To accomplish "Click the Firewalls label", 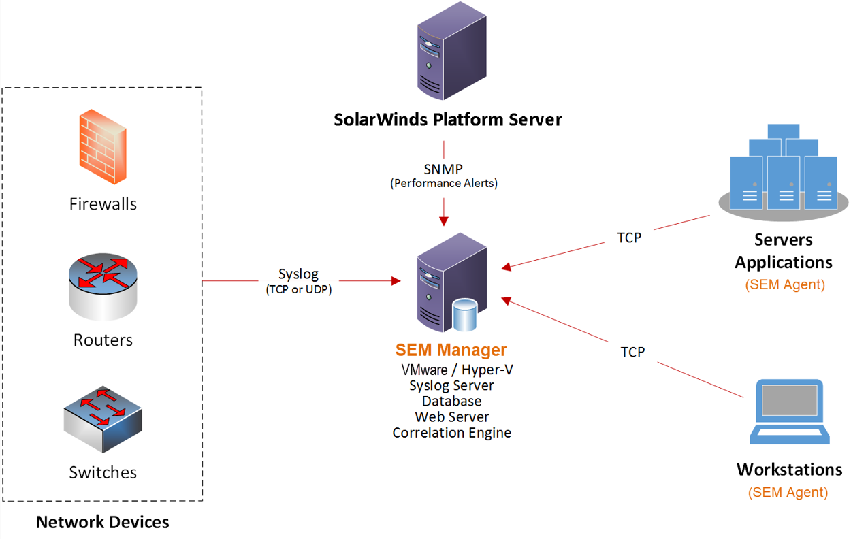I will click(103, 203).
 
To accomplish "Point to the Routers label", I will click(103, 340).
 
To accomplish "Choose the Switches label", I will click(103, 472).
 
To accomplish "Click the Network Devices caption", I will click(102, 522).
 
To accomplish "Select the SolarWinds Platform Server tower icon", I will click(451, 58).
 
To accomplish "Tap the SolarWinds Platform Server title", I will click(448, 120).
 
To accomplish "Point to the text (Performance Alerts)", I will click(444, 184).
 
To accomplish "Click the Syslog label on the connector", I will click(298, 274).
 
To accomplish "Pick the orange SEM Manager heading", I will click(451, 350).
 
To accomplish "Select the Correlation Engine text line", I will click(452, 432).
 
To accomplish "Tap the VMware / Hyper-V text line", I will click(452, 370).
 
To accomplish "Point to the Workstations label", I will click(789, 470).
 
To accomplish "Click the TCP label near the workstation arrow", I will click(632, 352).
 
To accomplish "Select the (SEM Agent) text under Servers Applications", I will click(785, 284).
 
